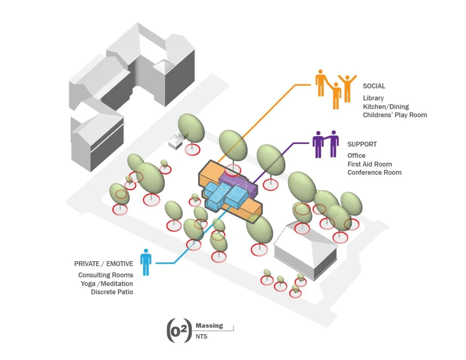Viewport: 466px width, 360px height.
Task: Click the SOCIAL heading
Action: (374, 86)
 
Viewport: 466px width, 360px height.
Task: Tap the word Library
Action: (373, 98)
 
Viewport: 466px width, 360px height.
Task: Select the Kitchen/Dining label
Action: (386, 107)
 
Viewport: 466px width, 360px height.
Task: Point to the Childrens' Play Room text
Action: (395, 115)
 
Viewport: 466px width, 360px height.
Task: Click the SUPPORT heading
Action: (362, 144)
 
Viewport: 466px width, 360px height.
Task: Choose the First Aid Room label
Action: (369, 164)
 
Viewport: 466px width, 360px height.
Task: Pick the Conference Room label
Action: (374, 172)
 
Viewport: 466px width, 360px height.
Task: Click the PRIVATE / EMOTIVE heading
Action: (103, 264)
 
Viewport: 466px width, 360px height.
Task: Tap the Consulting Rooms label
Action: (105, 275)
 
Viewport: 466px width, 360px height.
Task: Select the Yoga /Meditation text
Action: (106, 284)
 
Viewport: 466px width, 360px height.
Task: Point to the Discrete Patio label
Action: (112, 292)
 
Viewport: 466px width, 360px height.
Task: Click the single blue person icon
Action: (146, 262)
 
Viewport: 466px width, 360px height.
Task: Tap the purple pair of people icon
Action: (326, 144)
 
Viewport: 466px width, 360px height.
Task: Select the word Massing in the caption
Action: (209, 326)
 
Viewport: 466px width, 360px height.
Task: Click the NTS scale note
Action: (201, 336)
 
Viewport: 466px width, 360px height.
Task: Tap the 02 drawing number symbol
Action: (179, 331)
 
